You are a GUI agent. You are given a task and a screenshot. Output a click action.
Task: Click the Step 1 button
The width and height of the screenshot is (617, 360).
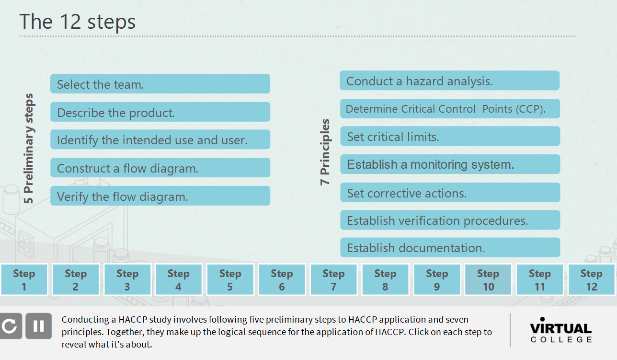(24, 280)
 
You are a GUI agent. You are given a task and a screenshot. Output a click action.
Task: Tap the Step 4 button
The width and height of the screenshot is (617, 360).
(178, 280)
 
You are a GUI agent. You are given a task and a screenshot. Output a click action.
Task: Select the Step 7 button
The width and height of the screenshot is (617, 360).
(333, 280)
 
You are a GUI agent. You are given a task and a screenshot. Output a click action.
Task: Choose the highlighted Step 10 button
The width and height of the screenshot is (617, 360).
(488, 280)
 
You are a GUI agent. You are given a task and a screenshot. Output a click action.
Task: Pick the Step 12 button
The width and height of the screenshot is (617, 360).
(592, 280)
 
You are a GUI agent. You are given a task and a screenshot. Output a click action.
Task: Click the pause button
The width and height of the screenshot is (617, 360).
(38, 326)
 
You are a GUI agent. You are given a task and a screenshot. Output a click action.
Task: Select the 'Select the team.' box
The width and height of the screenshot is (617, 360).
(160, 84)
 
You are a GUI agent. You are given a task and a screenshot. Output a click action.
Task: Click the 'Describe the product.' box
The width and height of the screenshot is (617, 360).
(160, 112)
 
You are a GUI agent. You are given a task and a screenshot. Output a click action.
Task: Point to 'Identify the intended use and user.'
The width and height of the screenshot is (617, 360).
(160, 140)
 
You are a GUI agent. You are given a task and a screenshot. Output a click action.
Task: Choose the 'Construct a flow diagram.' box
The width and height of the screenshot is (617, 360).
(160, 168)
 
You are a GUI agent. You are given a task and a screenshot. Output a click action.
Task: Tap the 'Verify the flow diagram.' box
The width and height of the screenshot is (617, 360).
(160, 196)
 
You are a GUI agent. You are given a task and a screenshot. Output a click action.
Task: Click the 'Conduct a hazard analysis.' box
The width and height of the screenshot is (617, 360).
(449, 81)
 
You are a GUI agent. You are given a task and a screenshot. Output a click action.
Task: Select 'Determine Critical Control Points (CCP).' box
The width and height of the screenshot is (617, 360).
(449, 109)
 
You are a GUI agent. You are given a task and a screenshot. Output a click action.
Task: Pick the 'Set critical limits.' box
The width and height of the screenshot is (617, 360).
(449, 137)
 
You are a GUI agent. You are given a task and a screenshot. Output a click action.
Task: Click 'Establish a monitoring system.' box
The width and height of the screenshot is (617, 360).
(449, 164)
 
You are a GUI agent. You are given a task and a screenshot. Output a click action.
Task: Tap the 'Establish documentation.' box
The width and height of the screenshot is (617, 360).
(449, 248)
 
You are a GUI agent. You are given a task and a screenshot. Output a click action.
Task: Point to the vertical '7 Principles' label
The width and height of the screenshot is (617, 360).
(325, 152)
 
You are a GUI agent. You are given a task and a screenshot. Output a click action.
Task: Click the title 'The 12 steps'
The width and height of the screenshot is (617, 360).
(77, 22)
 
